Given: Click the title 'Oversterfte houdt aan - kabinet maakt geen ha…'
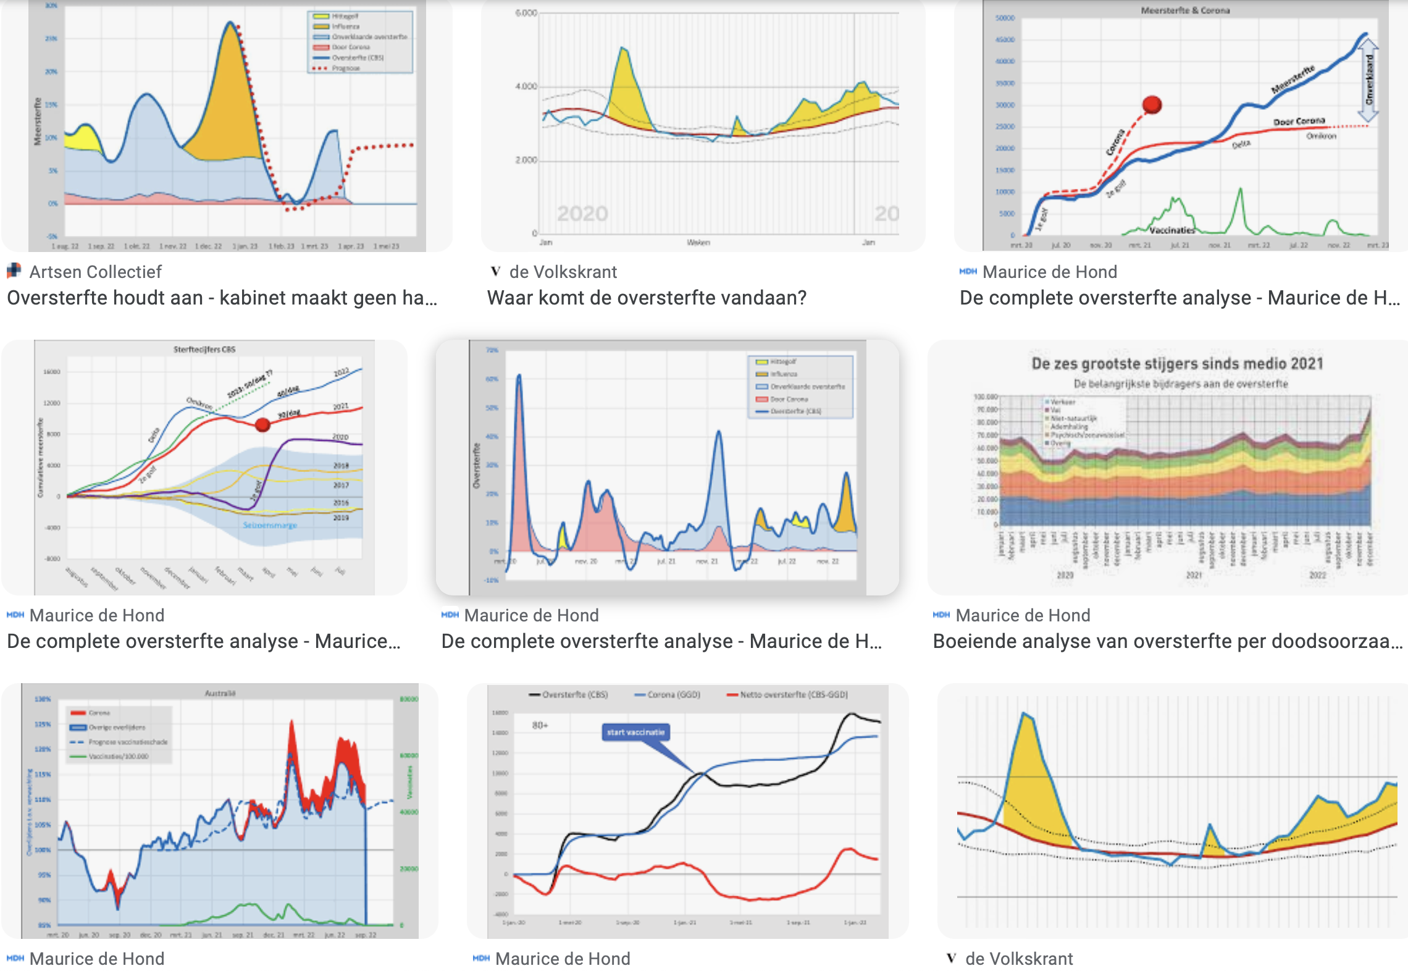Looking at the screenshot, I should pos(222,298).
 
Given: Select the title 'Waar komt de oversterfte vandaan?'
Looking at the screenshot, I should pos(647,298).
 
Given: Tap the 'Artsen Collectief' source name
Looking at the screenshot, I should pos(95,272).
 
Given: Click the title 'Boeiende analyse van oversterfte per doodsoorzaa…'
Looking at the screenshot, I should pos(1167,641).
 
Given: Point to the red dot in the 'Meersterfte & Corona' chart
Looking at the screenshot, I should pos(1152,104).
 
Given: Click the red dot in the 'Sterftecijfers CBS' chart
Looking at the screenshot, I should pos(262,424).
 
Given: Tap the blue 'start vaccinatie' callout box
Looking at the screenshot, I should pos(635,733).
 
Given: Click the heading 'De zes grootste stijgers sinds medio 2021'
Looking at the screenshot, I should pos(1177,363).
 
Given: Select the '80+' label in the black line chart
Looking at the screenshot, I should pos(540,725).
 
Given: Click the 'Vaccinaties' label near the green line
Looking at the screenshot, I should pos(1171,230).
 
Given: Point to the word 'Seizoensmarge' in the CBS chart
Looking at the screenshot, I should pos(270,525).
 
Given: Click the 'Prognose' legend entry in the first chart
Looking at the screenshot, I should pos(345,68).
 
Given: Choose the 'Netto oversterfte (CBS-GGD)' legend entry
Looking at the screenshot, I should pos(794,695).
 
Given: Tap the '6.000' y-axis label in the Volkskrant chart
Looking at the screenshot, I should pos(526,13).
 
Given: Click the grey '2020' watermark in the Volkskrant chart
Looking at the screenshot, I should pos(582,214).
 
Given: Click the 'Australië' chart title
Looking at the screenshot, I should pos(220,693).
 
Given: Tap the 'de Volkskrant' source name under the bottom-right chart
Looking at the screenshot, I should pos(1019,959).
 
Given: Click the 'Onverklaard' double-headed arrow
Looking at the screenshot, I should pos(1368,80).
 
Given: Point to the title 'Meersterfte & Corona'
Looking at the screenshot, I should pos(1185,11).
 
